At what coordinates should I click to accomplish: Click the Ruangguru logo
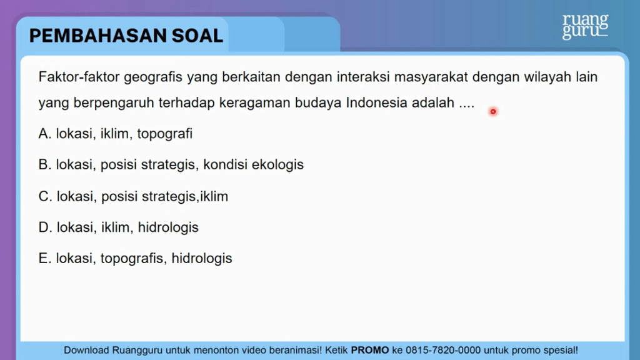(x=585, y=27)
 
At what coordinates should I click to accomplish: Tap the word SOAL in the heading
(x=197, y=36)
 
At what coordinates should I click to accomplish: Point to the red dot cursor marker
(x=493, y=111)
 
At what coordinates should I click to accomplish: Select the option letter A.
(x=44, y=134)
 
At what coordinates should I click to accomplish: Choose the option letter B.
(x=44, y=164)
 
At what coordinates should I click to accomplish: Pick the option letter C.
(x=45, y=196)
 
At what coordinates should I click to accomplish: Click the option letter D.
(x=45, y=227)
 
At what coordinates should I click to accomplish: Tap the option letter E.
(x=44, y=258)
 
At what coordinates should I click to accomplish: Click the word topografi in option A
(x=164, y=134)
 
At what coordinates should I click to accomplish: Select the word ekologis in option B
(x=277, y=165)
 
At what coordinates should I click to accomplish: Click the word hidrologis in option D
(x=168, y=227)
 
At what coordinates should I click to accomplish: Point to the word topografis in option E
(x=134, y=259)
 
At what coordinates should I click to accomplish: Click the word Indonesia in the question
(x=376, y=102)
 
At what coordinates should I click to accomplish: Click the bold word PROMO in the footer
(x=370, y=350)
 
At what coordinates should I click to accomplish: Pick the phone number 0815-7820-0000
(x=443, y=350)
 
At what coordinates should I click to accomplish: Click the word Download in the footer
(x=86, y=350)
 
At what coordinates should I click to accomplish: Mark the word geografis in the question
(x=153, y=77)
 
